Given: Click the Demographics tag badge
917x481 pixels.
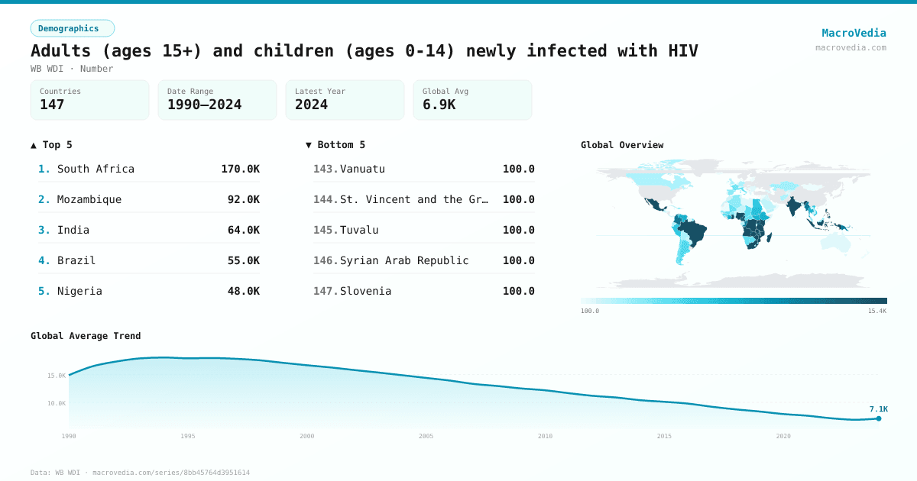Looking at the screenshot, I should [72, 28].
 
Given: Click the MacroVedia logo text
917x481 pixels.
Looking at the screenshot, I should [854, 33].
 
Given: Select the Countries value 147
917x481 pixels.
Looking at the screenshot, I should [52, 105].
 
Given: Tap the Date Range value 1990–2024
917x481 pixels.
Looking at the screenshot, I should [204, 105].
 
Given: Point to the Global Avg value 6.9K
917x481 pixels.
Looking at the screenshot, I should [439, 105].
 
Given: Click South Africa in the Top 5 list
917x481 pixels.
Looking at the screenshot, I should [96, 169].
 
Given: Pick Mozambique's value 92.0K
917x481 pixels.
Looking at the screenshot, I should [243, 199].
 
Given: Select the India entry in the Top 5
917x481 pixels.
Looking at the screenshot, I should [73, 230].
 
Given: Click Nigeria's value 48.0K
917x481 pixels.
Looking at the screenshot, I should [243, 291].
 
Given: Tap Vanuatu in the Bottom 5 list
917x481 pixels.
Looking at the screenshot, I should [362, 169].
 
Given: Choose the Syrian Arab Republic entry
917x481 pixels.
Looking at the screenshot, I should [404, 260].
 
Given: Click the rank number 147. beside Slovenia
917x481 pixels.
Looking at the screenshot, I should [326, 291].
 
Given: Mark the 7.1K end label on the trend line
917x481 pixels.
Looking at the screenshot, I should [878, 409].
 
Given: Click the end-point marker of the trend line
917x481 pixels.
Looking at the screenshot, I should [879, 418].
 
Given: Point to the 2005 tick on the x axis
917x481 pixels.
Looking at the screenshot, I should [426, 436].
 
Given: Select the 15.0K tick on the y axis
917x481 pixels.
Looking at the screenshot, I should [57, 376].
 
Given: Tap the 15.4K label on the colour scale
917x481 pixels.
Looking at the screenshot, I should [876, 311].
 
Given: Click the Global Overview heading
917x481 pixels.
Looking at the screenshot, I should [622, 145].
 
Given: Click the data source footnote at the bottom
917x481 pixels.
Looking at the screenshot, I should [140, 473].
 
